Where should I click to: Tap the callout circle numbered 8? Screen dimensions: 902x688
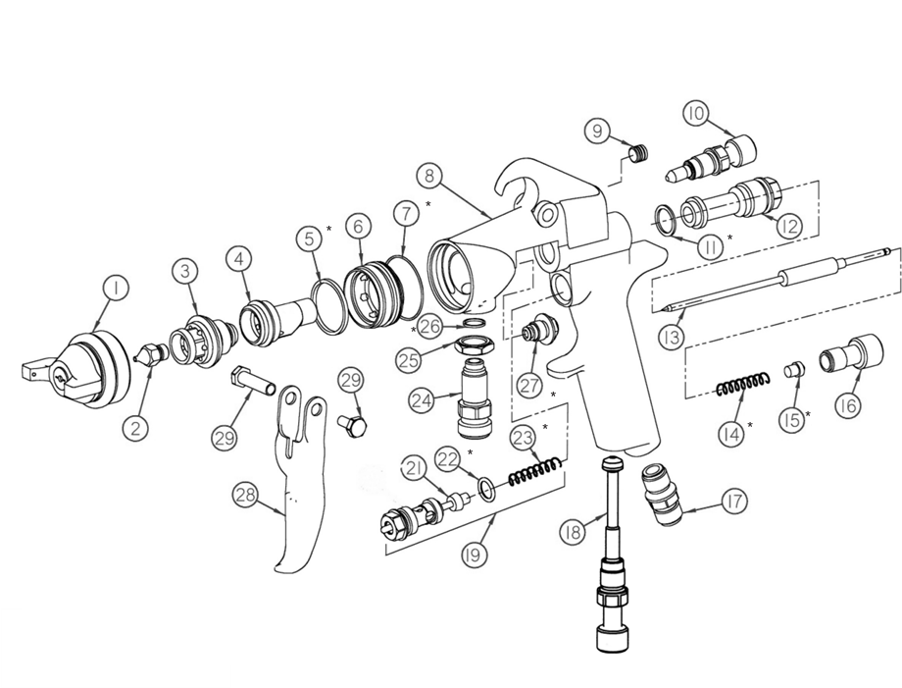(428, 175)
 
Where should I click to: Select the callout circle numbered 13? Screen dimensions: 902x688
(672, 336)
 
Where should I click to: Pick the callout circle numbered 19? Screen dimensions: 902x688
(474, 555)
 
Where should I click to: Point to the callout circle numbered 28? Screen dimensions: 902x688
(246, 496)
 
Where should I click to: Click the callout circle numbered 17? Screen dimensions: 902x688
(734, 501)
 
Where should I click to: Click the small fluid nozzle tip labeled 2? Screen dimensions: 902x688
(151, 353)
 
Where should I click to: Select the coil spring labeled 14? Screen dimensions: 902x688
(742, 385)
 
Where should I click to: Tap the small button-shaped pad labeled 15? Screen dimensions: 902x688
(794, 370)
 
